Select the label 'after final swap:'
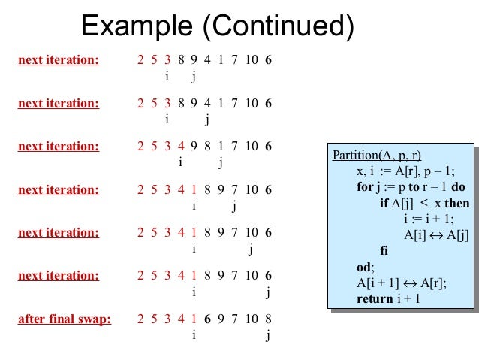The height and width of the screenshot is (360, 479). (65, 319)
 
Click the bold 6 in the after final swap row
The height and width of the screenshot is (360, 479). (206, 319)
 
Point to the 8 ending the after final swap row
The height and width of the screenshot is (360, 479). (268, 319)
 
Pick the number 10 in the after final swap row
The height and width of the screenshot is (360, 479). (252, 319)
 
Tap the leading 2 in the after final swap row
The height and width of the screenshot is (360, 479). (142, 319)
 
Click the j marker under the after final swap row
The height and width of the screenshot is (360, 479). (268, 335)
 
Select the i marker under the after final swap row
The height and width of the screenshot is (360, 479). (194, 335)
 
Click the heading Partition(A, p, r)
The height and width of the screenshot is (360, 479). (376, 156)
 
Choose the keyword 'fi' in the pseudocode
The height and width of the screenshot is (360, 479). (384, 250)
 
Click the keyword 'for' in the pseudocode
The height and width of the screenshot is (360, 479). (366, 187)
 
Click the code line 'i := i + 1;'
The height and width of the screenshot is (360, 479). (429, 219)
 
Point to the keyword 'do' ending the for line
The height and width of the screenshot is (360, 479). (459, 187)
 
